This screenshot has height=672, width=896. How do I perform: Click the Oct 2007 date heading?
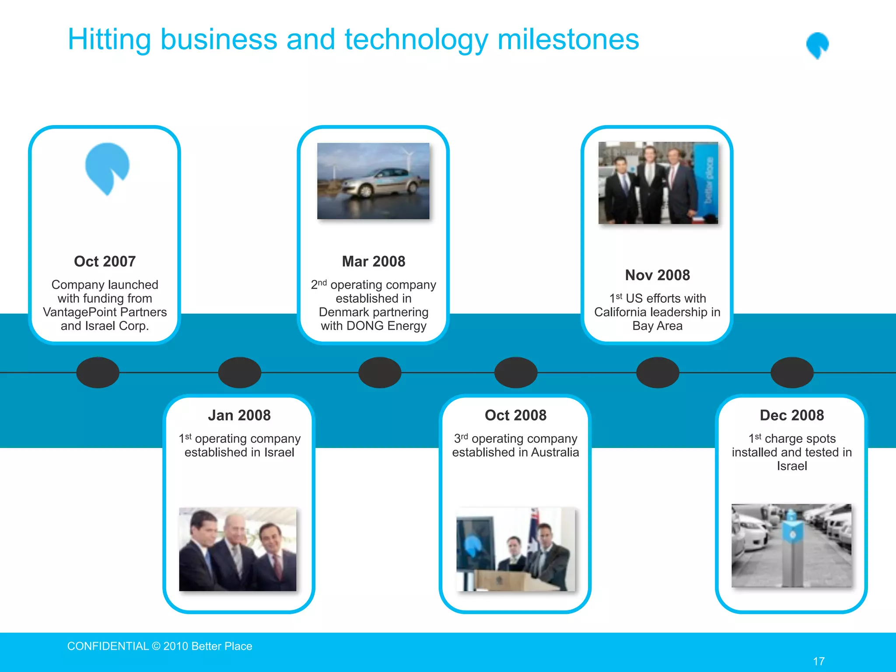pos(105,261)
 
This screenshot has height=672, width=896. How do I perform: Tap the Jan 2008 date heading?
pos(239,415)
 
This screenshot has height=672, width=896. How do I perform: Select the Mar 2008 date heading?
pos(373,261)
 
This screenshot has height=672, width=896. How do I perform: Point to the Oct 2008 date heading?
pos(515,415)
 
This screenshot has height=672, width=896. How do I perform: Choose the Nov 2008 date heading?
pos(657,275)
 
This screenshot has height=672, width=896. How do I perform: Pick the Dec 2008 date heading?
pos(791,415)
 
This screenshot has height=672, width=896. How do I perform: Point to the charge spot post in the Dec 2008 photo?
pos(791,547)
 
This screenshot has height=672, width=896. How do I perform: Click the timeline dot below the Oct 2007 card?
pos(98,372)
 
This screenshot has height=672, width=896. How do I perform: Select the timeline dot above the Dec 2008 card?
pos(791,372)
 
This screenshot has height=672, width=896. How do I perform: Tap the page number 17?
pos(819,661)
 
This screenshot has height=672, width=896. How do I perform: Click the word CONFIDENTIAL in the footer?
pos(108,646)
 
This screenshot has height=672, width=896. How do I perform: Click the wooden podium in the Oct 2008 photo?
pos(507,580)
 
